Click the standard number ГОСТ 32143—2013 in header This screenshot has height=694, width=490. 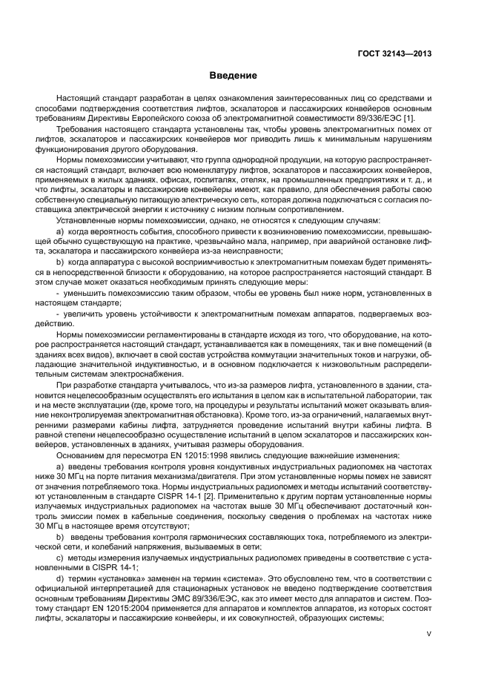point(395,53)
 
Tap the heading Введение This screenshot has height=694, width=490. point(233,76)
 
